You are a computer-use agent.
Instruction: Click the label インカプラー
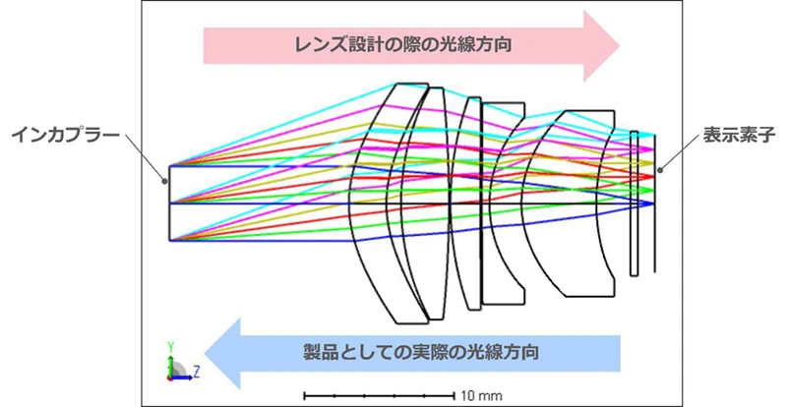tap(65, 136)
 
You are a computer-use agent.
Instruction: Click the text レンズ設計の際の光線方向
tap(403, 45)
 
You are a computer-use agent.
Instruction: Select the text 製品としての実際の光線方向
tap(421, 352)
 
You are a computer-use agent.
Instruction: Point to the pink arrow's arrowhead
tap(601, 45)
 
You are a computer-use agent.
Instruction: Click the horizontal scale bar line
tap(379, 396)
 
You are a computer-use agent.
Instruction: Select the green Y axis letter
tap(170, 346)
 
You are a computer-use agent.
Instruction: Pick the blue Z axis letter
tap(197, 372)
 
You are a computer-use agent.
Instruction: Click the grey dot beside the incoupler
tap(163, 182)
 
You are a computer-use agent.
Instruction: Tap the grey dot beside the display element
tap(660, 170)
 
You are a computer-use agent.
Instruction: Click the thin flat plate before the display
tap(634, 203)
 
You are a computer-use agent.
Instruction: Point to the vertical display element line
tap(654, 203)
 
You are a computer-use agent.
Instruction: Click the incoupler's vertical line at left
tap(169, 203)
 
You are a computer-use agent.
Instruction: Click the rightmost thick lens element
tap(582, 203)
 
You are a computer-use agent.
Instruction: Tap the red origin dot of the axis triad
tap(170, 378)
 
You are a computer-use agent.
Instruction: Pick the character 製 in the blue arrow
tap(312, 352)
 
